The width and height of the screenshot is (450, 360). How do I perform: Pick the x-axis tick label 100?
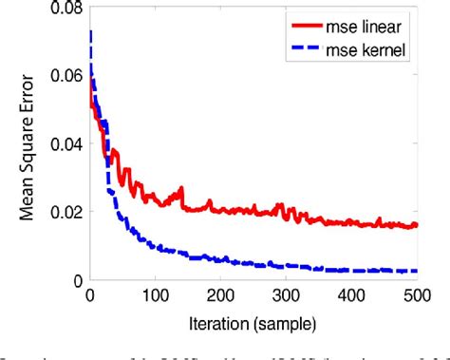pos(160,295)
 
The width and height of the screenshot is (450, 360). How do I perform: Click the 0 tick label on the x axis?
pos(89,295)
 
